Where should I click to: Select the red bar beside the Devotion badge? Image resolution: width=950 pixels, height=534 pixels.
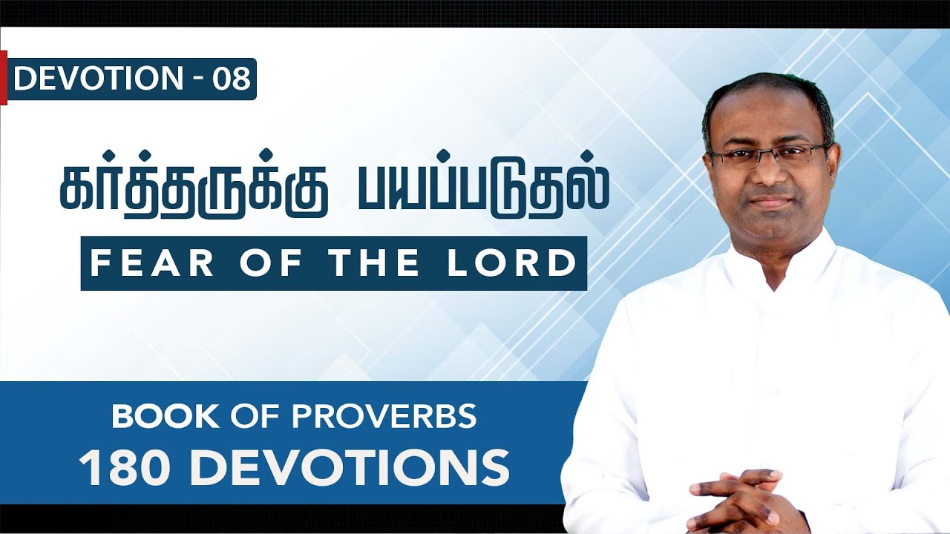coord(3,77)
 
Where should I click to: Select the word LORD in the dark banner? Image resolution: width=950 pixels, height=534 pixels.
coord(513,263)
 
